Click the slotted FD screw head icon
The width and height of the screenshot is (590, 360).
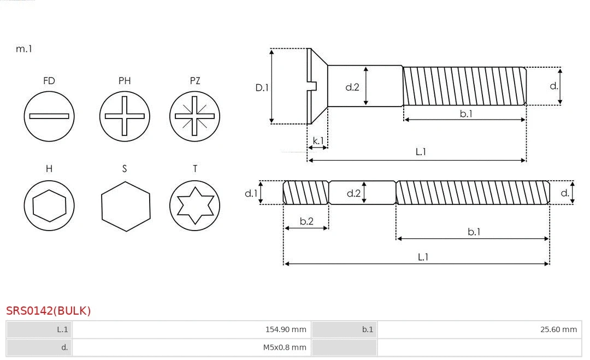pyautogui.click(x=49, y=116)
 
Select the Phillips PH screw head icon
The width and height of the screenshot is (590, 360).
pyautogui.click(x=125, y=116)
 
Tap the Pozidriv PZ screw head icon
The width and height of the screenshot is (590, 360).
pyautogui.click(x=194, y=116)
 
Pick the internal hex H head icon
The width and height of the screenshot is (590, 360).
pyautogui.click(x=49, y=206)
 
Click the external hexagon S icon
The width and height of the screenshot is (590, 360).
pyautogui.click(x=126, y=206)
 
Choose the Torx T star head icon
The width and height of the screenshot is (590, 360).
pyautogui.click(x=194, y=206)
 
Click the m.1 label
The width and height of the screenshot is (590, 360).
pyautogui.click(x=24, y=49)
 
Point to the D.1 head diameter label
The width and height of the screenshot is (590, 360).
pyautogui.click(x=262, y=87)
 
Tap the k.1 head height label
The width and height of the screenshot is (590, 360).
pyautogui.click(x=318, y=141)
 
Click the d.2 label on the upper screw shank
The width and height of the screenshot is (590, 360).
pyautogui.click(x=352, y=87)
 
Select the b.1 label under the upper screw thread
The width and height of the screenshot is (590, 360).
pyautogui.click(x=465, y=114)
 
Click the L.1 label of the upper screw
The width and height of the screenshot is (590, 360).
pyautogui.click(x=421, y=152)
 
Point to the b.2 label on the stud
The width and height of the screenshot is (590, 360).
pyautogui.click(x=306, y=221)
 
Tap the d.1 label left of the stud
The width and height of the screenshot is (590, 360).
pyautogui.click(x=251, y=193)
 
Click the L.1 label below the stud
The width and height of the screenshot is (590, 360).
pyautogui.click(x=423, y=257)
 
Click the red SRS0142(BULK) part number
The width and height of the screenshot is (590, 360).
pyautogui.click(x=49, y=311)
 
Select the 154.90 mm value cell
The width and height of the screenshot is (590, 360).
pyautogui.click(x=191, y=329)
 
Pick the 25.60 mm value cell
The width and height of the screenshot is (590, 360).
pyautogui.click(x=479, y=329)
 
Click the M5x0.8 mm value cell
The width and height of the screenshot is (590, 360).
pyautogui.click(x=191, y=347)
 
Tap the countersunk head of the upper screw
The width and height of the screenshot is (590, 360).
pyautogui.click(x=317, y=86)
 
